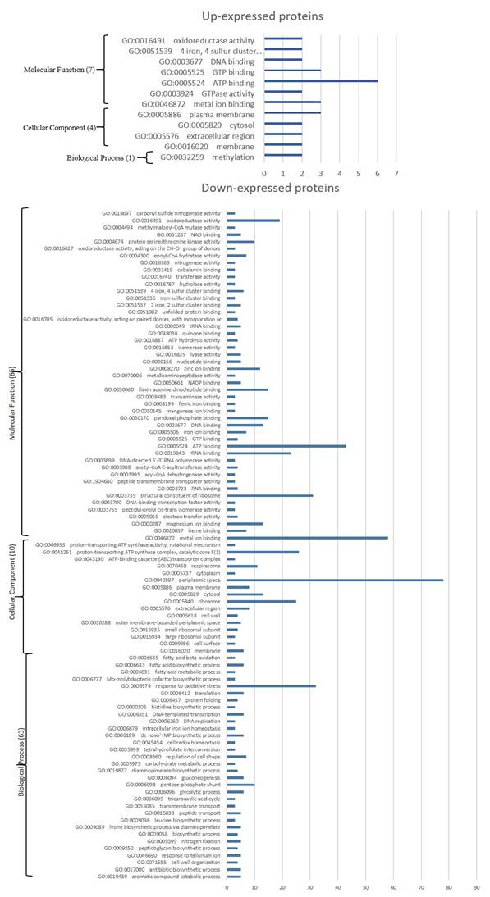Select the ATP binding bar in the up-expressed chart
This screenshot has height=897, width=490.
(x=321, y=82)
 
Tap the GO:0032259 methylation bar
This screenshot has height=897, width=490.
(x=283, y=156)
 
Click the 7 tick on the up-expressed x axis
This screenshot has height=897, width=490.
(x=396, y=174)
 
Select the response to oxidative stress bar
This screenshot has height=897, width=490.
(x=272, y=685)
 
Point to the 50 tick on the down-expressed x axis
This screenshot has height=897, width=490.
(x=366, y=886)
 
